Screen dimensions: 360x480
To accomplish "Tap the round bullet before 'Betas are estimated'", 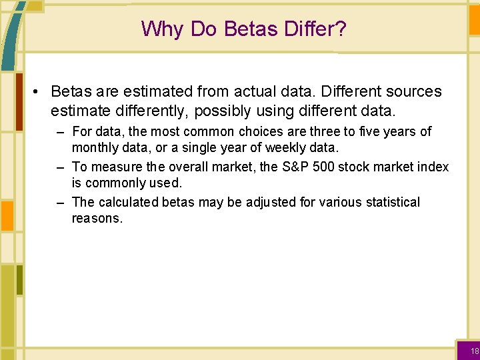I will (39, 91).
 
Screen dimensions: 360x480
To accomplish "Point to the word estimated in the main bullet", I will (155, 91).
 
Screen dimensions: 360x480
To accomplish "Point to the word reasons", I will (97, 218).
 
